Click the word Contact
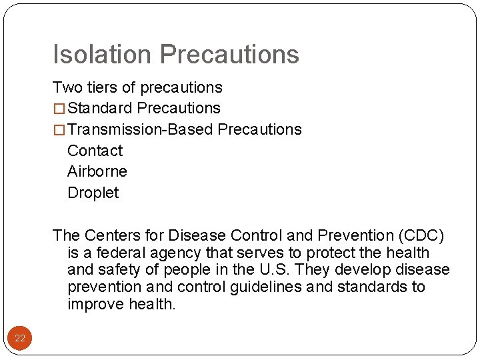click(x=95, y=151)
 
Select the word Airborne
click(x=97, y=171)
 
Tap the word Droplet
click(x=93, y=193)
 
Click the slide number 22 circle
click(x=20, y=339)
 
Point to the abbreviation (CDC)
click(x=423, y=235)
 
